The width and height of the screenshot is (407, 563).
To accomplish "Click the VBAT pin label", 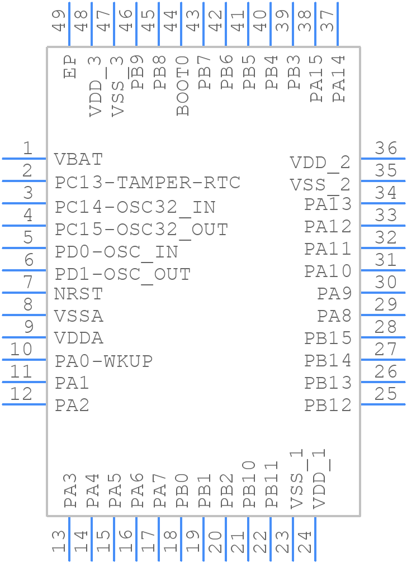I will tap(79, 159).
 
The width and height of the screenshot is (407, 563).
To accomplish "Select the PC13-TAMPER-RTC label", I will tap(148, 183).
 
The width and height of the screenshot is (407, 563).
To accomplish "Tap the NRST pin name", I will tap(79, 293).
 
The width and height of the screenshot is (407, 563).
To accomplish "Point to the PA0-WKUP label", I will tap(104, 361).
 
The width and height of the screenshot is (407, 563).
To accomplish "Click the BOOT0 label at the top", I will tap(183, 85).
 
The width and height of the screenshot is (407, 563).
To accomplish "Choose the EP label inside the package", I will tap(70, 67).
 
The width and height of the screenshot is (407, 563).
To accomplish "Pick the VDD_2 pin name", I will tap(320, 163).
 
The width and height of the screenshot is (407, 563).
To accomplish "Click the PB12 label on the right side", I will tap(328, 405).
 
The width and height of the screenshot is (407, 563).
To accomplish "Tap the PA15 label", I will tap(316, 78).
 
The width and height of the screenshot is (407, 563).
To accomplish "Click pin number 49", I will tap(59, 20).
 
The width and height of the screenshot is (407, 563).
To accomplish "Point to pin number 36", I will tap(386, 148).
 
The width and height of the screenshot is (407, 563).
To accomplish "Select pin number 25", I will tap(386, 394).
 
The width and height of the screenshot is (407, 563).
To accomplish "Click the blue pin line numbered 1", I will tap(23, 159).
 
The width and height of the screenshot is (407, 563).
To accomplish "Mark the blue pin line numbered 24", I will tap(315, 539).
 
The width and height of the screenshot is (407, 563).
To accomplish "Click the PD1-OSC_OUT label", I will tap(123, 274).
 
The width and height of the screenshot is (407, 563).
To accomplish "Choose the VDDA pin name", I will tap(79, 338).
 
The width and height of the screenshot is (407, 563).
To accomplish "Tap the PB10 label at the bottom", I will tap(249, 484).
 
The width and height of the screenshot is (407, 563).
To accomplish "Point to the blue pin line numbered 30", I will tap(384, 292).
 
